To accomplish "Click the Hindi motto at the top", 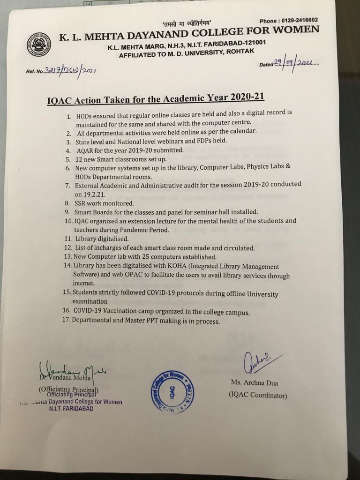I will point(184,23).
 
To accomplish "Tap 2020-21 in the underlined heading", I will point(247,97).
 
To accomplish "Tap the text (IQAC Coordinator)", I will point(257,395).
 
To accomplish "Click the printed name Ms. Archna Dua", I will point(255,383).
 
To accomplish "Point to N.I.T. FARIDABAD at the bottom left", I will point(71,409).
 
